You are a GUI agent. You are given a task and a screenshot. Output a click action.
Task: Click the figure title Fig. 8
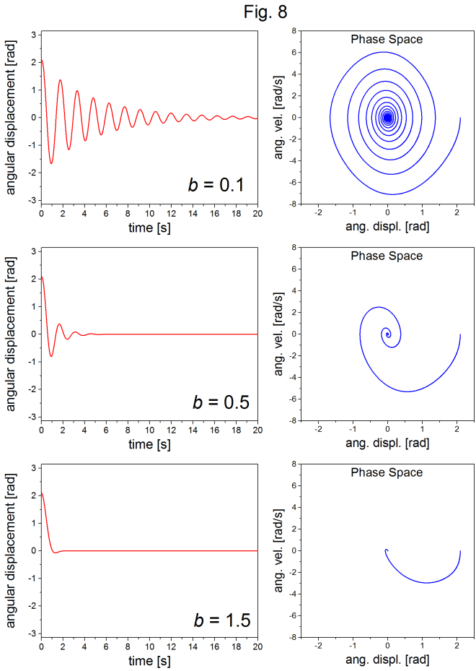coord(265,12)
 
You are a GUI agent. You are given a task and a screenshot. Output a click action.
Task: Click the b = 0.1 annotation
coord(216,185)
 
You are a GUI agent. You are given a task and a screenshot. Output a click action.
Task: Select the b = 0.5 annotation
coord(221,402)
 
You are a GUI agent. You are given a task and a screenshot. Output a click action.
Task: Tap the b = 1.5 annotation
coord(222,620)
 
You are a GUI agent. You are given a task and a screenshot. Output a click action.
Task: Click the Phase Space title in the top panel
coord(387,40)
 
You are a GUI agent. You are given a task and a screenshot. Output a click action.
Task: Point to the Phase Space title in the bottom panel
coord(387,472)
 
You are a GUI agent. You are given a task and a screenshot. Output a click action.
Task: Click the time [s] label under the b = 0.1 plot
coord(149,228)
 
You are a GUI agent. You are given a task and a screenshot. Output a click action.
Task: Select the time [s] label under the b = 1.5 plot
coord(149,661)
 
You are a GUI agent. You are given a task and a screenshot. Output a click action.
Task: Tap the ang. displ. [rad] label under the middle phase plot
coord(387,443)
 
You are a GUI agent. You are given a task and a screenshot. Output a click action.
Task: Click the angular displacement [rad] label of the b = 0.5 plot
coord(10,334)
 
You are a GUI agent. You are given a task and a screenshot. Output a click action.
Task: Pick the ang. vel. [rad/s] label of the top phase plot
coord(278,117)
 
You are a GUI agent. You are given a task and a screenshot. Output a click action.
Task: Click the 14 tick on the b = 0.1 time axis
coord(193,214)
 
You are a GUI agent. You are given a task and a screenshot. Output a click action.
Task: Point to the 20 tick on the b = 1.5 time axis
coord(257,646)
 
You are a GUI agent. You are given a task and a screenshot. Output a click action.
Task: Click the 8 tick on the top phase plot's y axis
coord(294,31)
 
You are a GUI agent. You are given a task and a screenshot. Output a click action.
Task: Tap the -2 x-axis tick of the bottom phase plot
coord(318,646)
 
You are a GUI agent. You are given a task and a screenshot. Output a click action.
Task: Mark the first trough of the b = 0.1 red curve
coord(51,163)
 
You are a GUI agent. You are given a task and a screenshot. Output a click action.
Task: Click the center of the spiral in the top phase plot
coord(387,118)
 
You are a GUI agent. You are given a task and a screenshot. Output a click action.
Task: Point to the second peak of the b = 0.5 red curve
coord(59,324)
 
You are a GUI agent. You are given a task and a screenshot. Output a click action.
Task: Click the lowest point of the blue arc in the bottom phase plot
coord(426,582)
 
